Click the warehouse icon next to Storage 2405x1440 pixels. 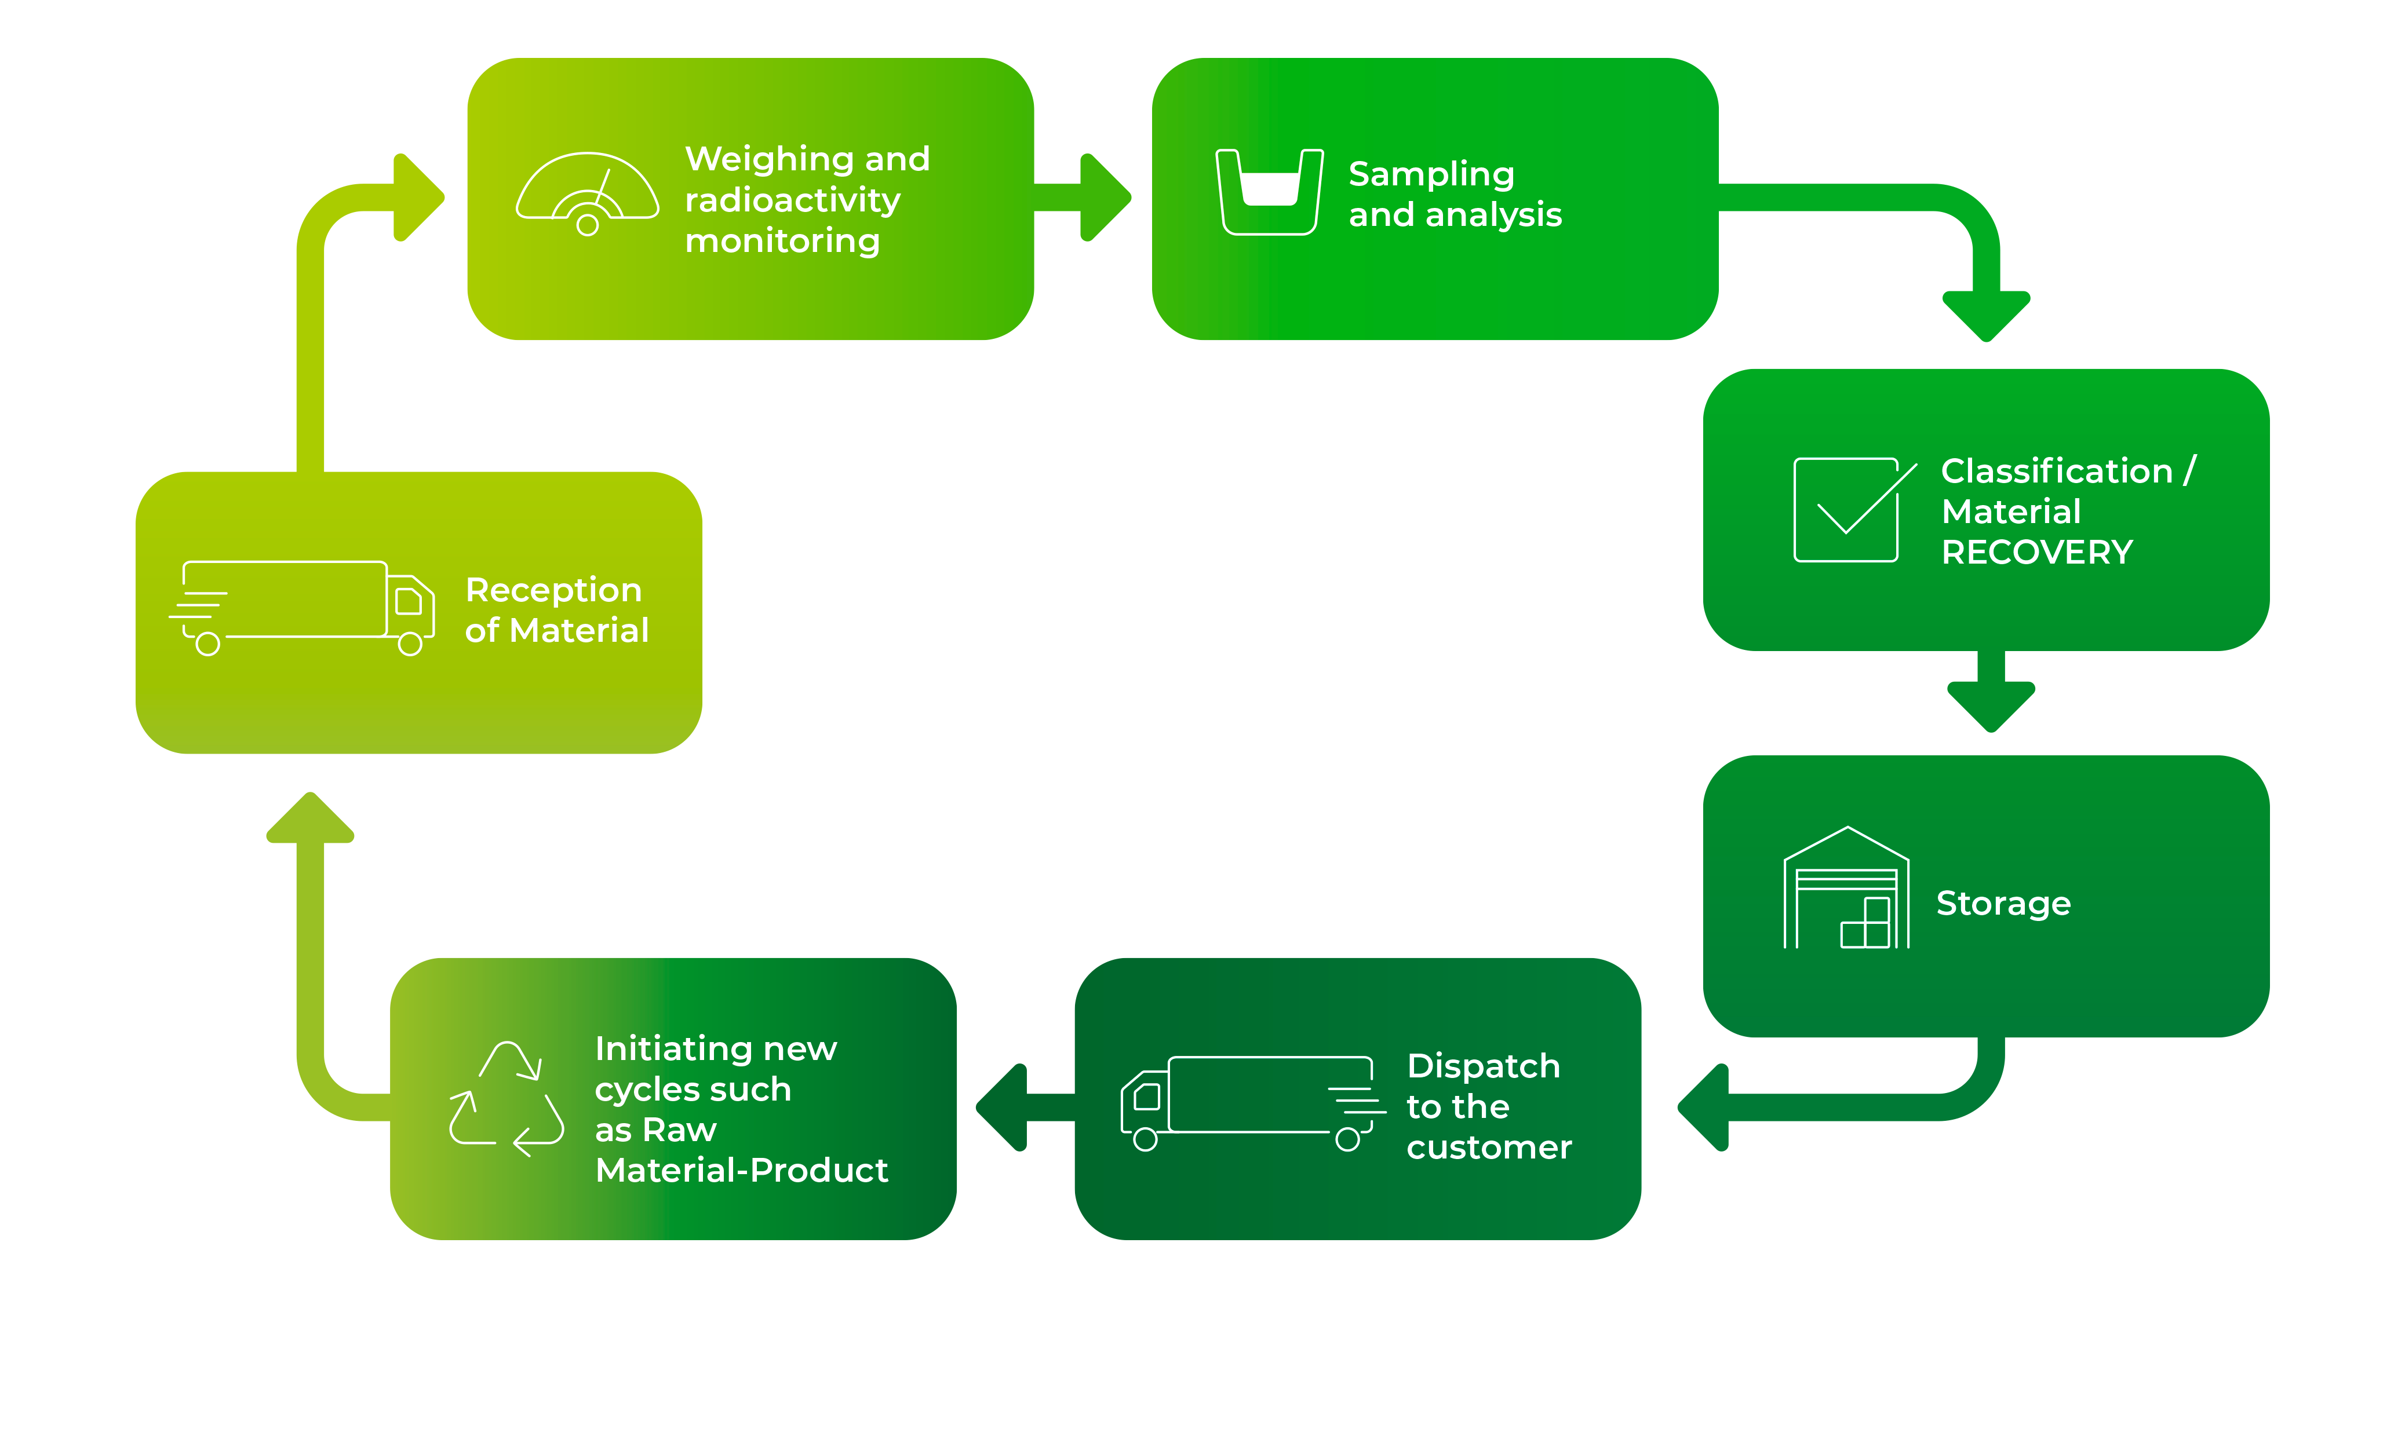(x=1846, y=889)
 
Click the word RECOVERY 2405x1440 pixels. (x=2036, y=552)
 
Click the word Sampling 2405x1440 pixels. (x=1431, y=174)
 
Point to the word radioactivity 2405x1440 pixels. (x=792, y=200)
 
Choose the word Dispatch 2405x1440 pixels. (x=1483, y=1065)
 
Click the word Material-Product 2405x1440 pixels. (x=741, y=1170)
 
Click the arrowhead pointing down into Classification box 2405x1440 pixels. (x=1986, y=315)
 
